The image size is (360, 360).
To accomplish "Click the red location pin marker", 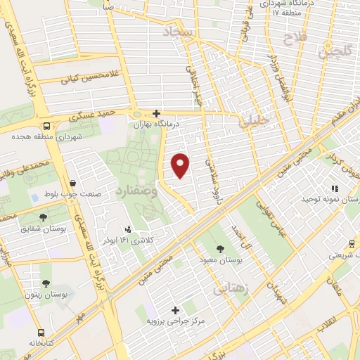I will click(x=181, y=166).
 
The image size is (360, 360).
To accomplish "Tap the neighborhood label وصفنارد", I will click(x=130, y=191).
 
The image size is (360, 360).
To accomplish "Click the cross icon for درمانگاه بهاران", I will click(x=156, y=113).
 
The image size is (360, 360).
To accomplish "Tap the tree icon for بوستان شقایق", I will click(x=44, y=217).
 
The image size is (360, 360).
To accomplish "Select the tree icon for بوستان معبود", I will click(x=221, y=248).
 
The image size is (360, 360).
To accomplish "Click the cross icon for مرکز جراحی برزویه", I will click(x=175, y=309).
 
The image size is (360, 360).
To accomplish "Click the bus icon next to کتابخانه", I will click(x=41, y=332).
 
